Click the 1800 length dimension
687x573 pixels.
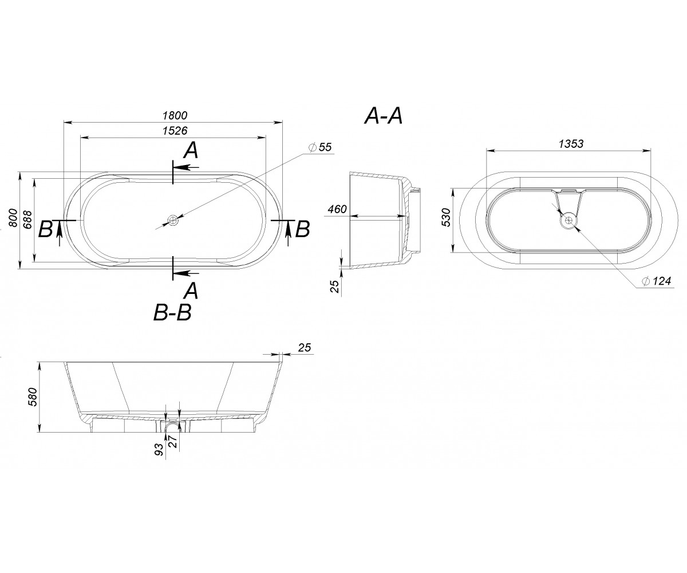pyautogui.click(x=175, y=116)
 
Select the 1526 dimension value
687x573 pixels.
pyautogui.click(x=175, y=131)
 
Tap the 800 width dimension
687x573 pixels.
pyautogui.click(x=13, y=218)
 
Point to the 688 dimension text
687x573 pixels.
pyautogui.click(x=28, y=219)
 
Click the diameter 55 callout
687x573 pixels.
pyautogui.click(x=321, y=147)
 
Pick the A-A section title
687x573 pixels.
pyautogui.click(x=384, y=116)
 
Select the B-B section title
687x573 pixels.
pyautogui.click(x=172, y=313)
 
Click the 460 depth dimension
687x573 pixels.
pyautogui.click(x=337, y=209)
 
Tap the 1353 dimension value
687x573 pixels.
pyautogui.click(x=571, y=144)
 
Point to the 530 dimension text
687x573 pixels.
pyautogui.click(x=446, y=217)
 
